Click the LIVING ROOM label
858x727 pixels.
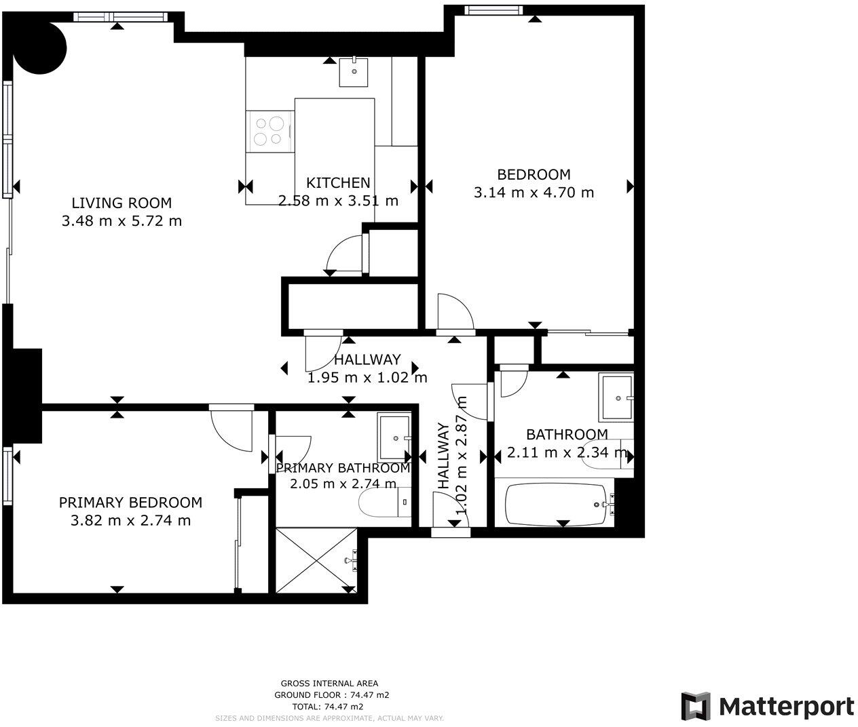point(122,203)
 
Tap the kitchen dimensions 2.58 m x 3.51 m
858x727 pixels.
point(338,201)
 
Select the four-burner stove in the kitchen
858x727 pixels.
point(269,132)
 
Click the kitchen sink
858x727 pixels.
point(354,71)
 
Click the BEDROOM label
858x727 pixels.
point(534,174)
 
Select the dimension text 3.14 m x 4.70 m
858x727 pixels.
point(534,193)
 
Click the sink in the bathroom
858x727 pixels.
point(616,397)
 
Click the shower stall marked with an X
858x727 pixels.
point(316,560)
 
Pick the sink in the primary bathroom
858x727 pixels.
point(394,438)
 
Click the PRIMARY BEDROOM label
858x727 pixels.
point(130,503)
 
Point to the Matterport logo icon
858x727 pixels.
point(696,707)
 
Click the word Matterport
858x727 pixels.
point(786,707)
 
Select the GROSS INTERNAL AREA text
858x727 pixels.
point(329,684)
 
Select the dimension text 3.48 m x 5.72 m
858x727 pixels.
point(122,221)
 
